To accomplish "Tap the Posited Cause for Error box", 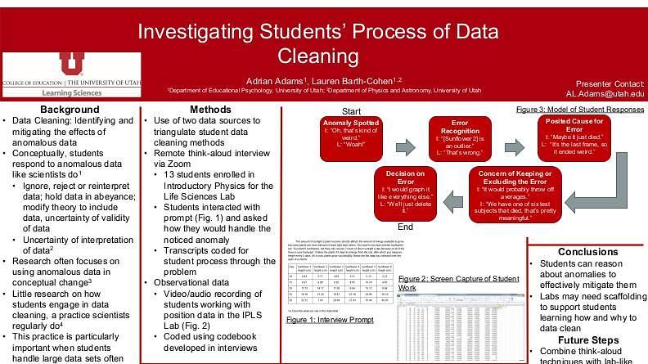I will pyautogui.click(x=574, y=136).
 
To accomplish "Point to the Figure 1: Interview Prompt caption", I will pyautogui.click(x=324, y=320).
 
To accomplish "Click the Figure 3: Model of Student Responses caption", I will pyautogui.click(x=580, y=109).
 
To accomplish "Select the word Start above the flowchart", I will pyautogui.click(x=353, y=110).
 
